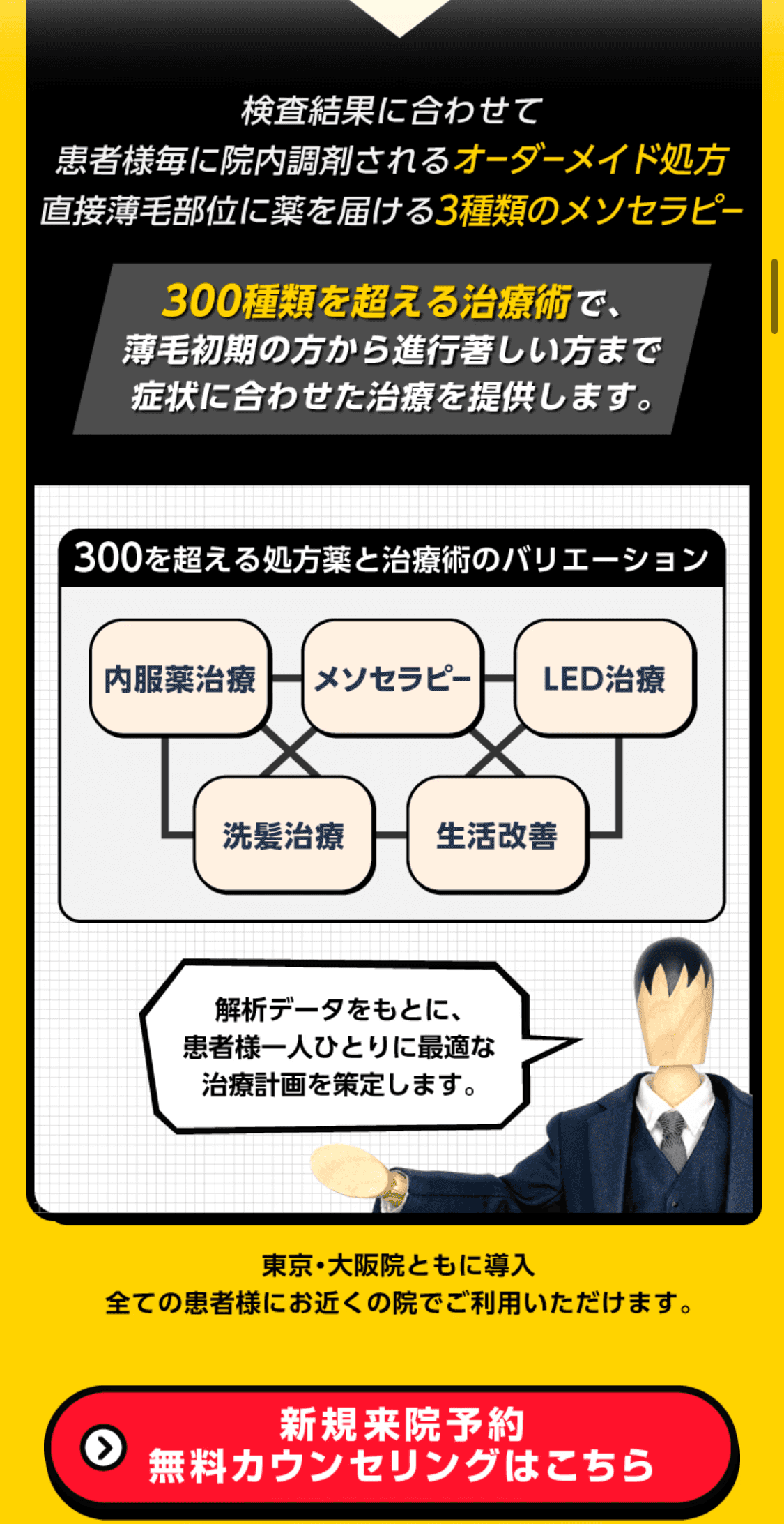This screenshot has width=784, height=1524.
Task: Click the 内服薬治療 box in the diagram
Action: (x=180, y=679)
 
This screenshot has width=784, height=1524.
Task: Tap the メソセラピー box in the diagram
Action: (x=392, y=679)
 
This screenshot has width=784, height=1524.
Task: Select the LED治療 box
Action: (x=604, y=679)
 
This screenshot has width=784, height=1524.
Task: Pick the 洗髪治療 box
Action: (x=284, y=836)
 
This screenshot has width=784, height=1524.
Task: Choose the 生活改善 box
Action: (x=497, y=836)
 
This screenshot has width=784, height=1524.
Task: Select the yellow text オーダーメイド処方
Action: (x=591, y=160)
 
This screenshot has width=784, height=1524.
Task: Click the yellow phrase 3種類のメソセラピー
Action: (x=589, y=211)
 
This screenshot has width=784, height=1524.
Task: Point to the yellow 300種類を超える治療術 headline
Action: (x=367, y=301)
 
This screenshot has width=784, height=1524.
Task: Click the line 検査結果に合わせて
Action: (x=392, y=111)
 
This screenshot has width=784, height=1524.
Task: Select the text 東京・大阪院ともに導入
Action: (x=398, y=1265)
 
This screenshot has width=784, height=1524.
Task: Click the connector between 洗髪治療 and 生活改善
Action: (x=391, y=835)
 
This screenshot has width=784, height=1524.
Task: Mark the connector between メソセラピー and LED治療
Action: (x=499, y=678)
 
